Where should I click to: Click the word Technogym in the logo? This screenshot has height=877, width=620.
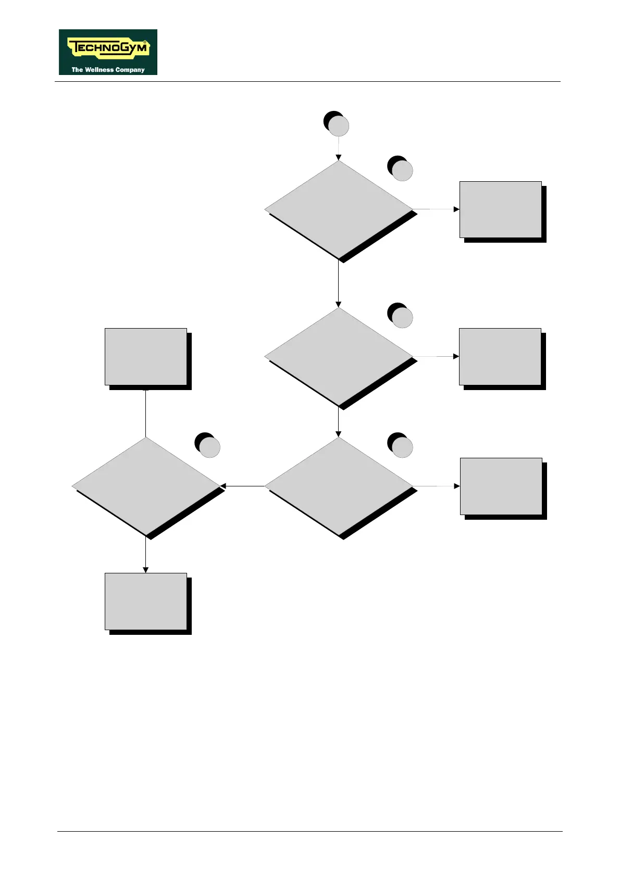[108, 49]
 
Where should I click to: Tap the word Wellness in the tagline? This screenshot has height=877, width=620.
[100, 70]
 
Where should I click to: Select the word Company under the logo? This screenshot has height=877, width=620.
[130, 70]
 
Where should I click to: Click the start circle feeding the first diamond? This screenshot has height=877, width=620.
[338, 126]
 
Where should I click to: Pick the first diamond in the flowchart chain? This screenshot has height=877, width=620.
[339, 209]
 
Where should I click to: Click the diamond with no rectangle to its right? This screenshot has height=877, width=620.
[146, 486]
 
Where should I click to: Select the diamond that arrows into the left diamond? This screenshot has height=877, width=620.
[339, 486]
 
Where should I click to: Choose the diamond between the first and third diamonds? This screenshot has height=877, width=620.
[339, 357]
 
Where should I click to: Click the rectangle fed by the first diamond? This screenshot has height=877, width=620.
[501, 209]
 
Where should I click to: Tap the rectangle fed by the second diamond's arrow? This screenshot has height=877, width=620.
[500, 357]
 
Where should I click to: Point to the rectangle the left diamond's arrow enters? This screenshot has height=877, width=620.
[146, 602]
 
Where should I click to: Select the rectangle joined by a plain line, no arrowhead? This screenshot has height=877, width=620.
[146, 357]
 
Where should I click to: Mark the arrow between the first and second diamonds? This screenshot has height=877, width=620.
[339, 284]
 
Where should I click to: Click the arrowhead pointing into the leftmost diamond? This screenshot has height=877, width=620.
[224, 486]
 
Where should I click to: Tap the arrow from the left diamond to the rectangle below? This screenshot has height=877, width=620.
[146, 555]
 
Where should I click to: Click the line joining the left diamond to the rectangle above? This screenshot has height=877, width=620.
[146, 414]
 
